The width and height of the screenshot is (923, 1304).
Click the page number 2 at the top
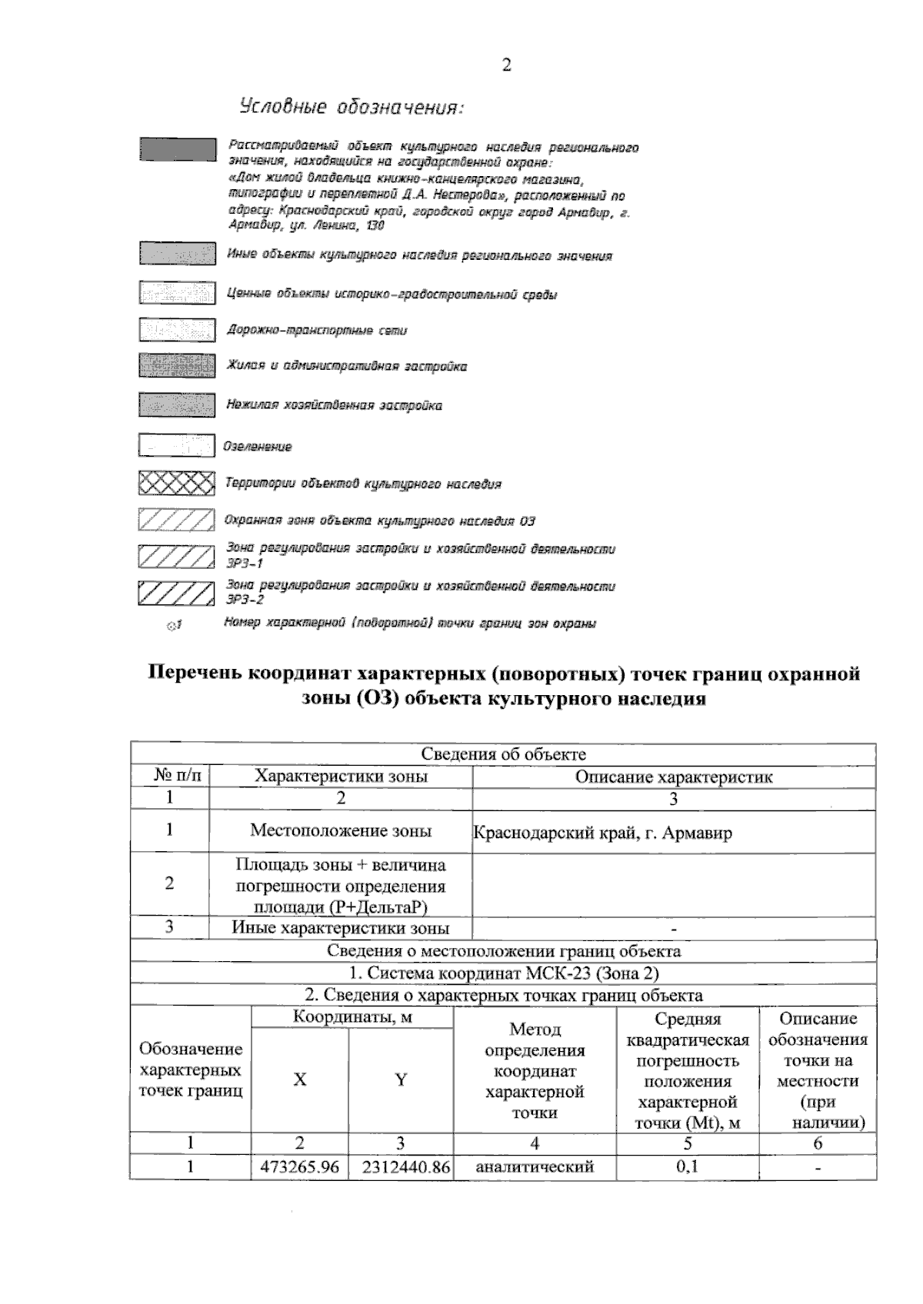[x=506, y=65]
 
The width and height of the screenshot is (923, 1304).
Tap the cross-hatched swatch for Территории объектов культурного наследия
[x=176, y=483]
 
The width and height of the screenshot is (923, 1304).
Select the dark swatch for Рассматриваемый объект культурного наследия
[x=177, y=149]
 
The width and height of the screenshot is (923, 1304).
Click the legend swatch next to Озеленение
[x=176, y=446]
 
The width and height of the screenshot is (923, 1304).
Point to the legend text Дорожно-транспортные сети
[x=316, y=330]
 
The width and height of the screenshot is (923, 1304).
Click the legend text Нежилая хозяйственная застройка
[x=334, y=405]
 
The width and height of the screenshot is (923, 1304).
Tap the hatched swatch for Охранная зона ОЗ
[x=176, y=521]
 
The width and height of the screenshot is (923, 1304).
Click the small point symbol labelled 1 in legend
[x=172, y=626]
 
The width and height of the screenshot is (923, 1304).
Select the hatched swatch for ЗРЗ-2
[x=176, y=593]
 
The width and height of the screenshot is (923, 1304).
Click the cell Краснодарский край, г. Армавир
[x=601, y=833]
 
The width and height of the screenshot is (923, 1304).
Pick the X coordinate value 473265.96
[x=300, y=1166]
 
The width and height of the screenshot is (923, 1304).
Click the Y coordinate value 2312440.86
[x=401, y=1166]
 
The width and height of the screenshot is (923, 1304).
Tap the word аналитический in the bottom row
[x=535, y=1166]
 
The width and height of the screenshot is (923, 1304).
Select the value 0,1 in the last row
[x=687, y=1166]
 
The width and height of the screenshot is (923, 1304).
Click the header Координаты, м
[x=352, y=1017]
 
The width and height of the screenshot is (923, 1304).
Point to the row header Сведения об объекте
[x=503, y=754]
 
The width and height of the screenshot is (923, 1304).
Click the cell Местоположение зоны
[x=341, y=830]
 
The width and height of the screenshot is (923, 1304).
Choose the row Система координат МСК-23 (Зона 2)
[x=503, y=973]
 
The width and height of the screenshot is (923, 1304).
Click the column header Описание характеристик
[x=674, y=777]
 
